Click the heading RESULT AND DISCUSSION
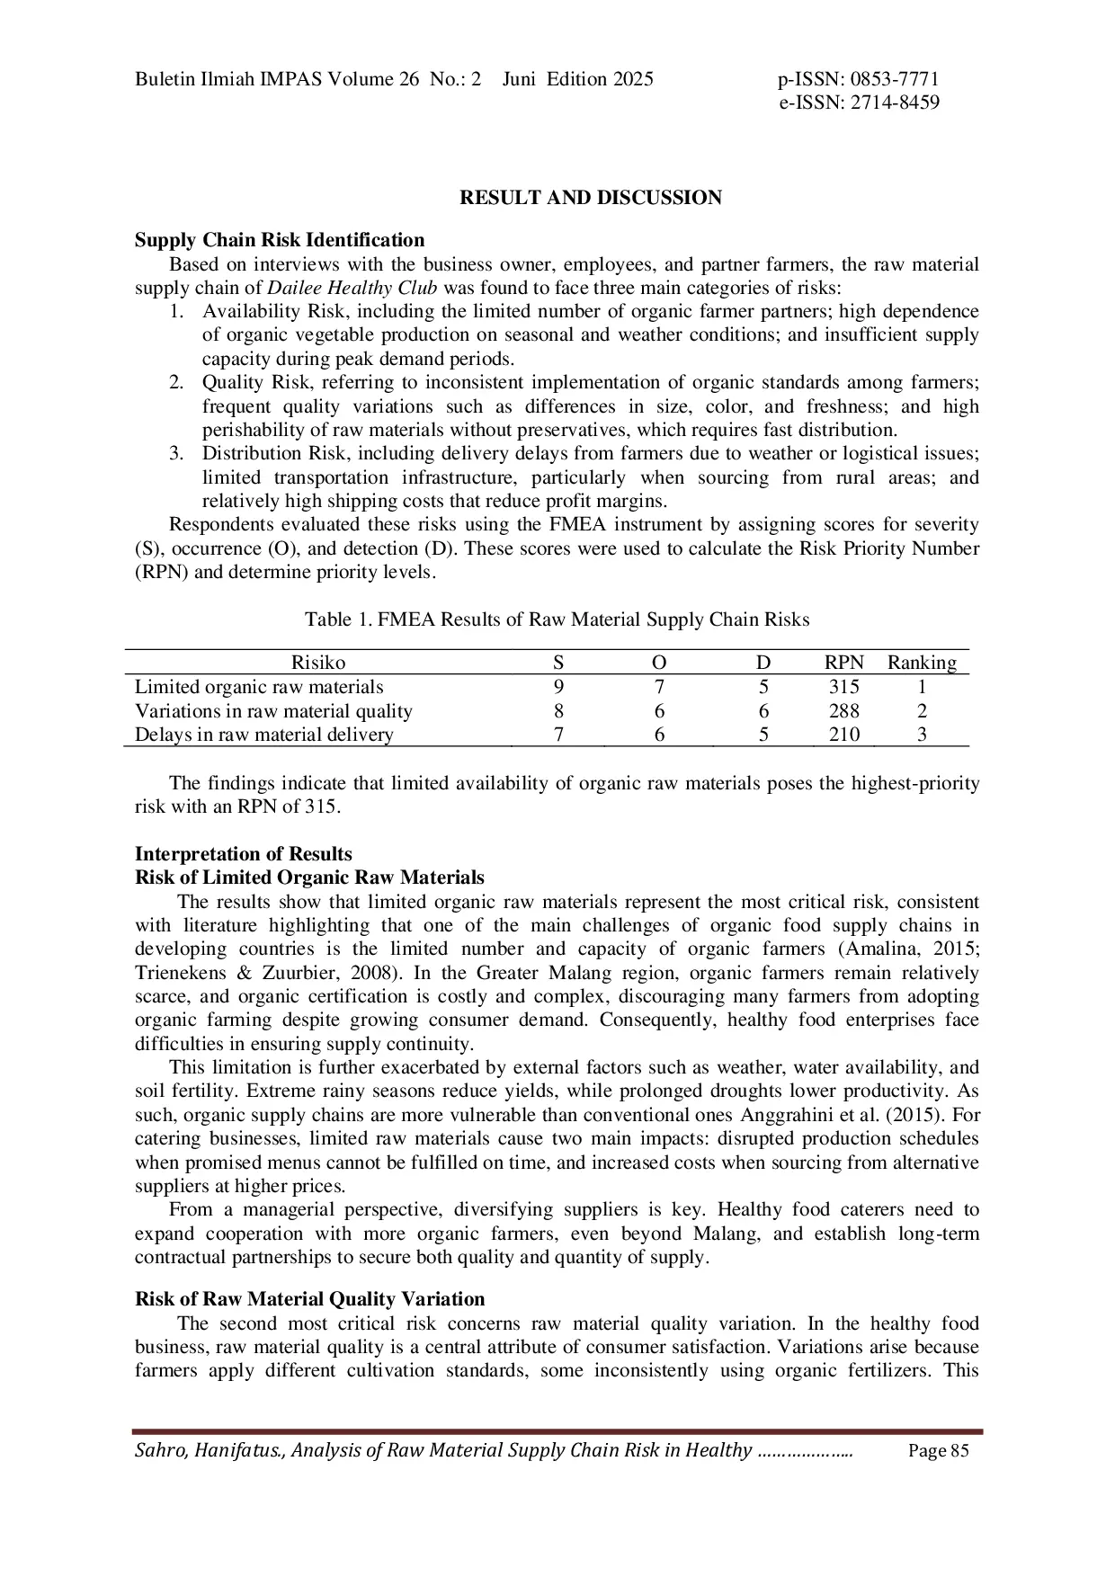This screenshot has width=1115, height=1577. [x=590, y=198]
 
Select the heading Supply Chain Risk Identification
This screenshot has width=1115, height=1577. [x=280, y=240]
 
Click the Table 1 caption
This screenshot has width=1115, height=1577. [x=557, y=619]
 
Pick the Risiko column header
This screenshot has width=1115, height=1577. [x=317, y=663]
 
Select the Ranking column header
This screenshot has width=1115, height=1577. [x=922, y=663]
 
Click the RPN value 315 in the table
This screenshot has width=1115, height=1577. [x=843, y=687]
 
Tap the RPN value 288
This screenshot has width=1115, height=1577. [x=843, y=711]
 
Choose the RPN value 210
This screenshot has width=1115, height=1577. [x=843, y=735]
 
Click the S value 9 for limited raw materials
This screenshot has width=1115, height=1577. [x=558, y=687]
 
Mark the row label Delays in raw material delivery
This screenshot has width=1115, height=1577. [x=264, y=735]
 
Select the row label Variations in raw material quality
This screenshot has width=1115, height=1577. [x=273, y=711]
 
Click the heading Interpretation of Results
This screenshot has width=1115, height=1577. [x=244, y=854]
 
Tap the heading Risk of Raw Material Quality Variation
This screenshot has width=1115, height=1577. [x=309, y=1299]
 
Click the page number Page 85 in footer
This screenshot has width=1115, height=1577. [x=939, y=1450]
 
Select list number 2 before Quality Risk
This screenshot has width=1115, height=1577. [x=176, y=383]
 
